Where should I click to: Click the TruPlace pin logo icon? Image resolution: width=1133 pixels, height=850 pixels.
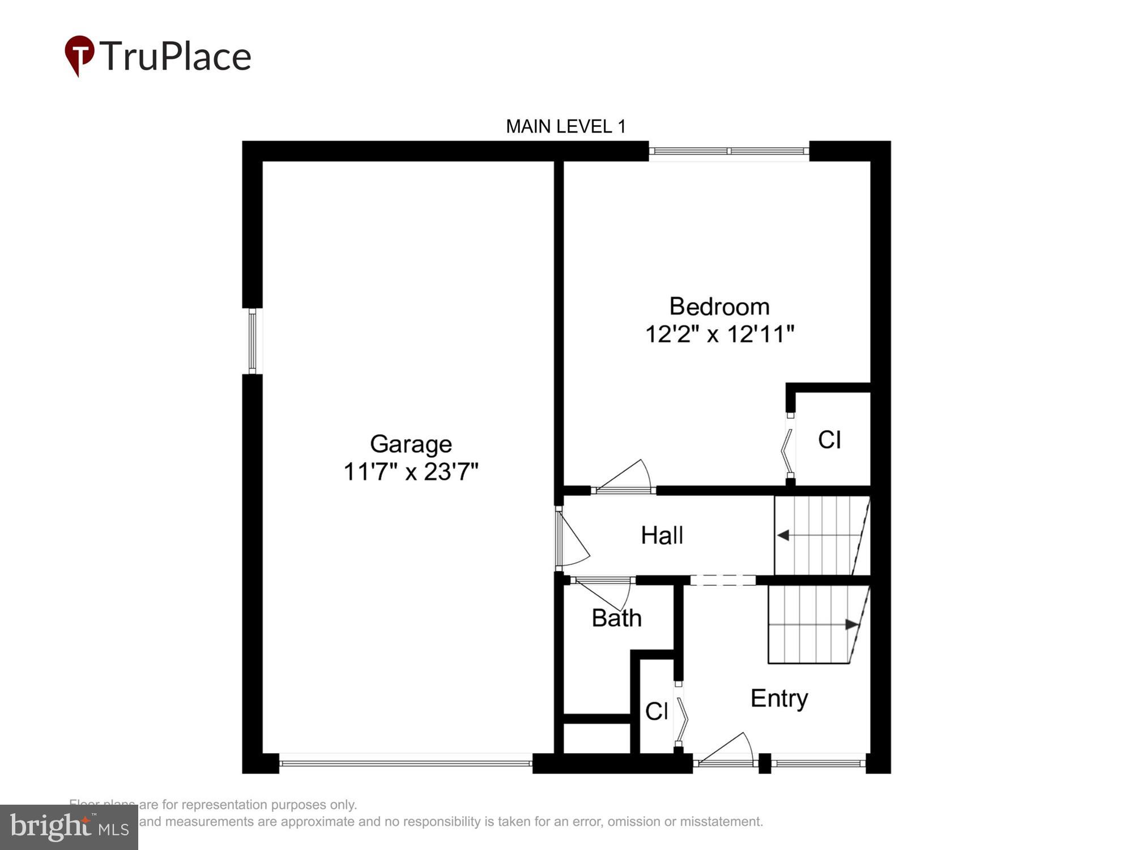point(79,54)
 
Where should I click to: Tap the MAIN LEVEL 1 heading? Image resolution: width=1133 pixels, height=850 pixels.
point(565,126)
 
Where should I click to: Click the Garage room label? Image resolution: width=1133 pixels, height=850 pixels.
point(411,444)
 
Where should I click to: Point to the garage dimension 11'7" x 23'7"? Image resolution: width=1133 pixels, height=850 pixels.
point(411,471)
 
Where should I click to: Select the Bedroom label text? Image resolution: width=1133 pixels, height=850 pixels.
point(719,307)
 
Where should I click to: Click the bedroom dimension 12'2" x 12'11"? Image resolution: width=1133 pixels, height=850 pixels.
point(719,334)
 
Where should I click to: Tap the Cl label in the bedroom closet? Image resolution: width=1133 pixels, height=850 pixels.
point(829,440)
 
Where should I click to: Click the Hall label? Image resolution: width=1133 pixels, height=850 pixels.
point(662,535)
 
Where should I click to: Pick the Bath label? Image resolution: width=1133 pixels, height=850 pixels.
point(616,618)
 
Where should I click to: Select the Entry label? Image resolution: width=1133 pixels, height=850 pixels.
point(779,698)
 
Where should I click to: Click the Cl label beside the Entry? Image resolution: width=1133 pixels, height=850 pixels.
point(657,711)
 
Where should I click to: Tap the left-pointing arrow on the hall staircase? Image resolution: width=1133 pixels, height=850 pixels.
point(784,535)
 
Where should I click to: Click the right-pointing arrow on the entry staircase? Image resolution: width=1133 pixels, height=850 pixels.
point(851,624)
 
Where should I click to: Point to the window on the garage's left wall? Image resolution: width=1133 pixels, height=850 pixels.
point(253,341)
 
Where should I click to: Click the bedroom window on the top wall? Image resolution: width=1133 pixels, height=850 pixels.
point(729,151)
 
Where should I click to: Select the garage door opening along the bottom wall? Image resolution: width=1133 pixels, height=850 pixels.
point(406,763)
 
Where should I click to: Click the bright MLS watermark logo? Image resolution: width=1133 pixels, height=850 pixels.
point(69,827)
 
